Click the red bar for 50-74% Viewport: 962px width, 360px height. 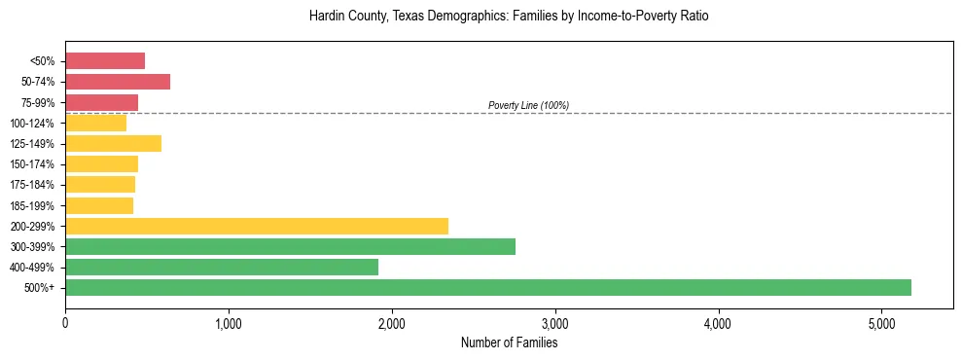click(118, 82)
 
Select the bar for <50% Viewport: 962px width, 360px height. click(105, 61)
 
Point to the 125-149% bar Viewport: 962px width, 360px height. click(113, 143)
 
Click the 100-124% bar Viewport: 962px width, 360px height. click(95, 123)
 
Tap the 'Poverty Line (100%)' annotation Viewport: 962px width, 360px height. click(528, 105)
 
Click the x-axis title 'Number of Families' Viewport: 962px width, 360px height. click(509, 342)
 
